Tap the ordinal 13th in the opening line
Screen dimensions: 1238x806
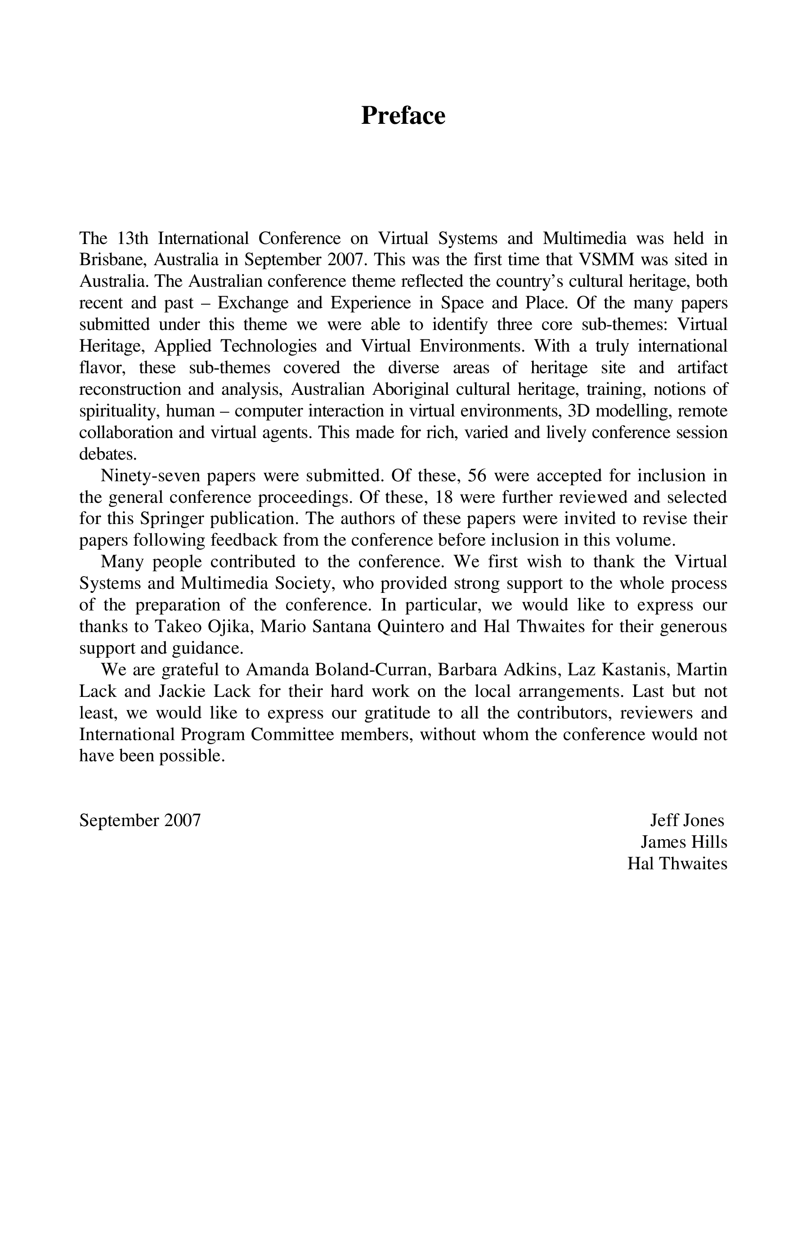pos(132,238)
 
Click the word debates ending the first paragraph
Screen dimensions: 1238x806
pos(107,454)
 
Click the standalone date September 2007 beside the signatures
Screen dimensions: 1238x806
pos(140,820)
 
